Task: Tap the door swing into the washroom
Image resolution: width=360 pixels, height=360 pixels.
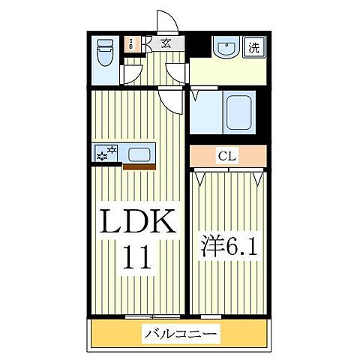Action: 177,73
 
